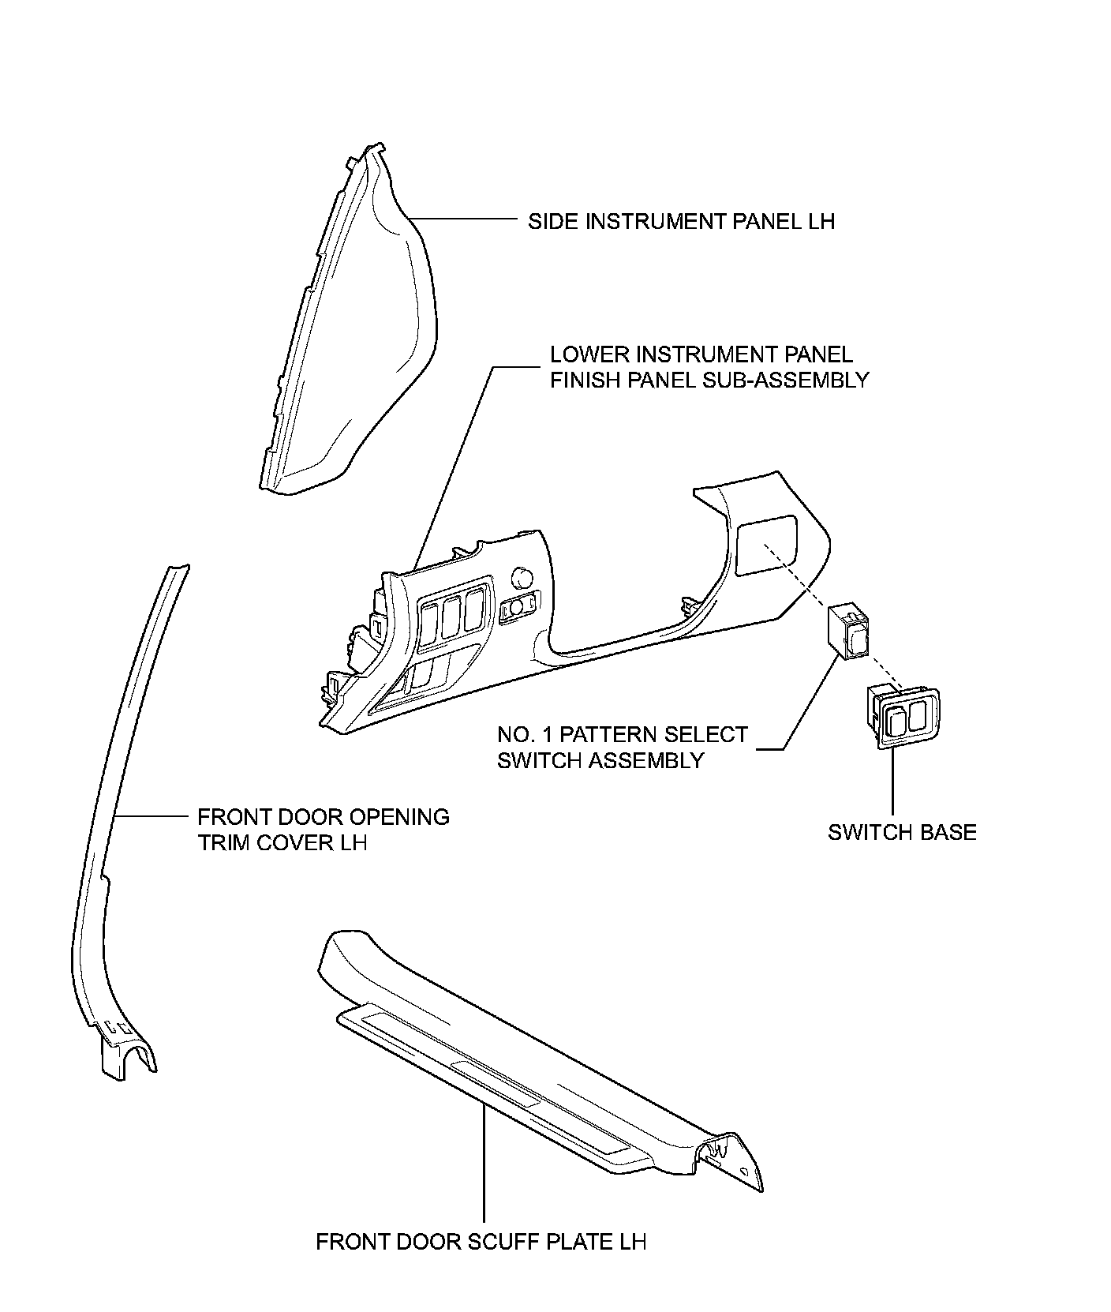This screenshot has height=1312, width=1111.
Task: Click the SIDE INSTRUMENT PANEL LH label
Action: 681,221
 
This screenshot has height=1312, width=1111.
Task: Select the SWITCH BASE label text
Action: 902,832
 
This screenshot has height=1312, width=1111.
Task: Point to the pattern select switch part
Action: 848,631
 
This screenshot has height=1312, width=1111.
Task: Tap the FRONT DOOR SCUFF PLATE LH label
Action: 481,1242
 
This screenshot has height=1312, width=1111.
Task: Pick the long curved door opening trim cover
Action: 118,789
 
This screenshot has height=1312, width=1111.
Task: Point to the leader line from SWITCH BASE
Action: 892,782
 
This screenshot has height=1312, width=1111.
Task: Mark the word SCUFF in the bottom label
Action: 503,1242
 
